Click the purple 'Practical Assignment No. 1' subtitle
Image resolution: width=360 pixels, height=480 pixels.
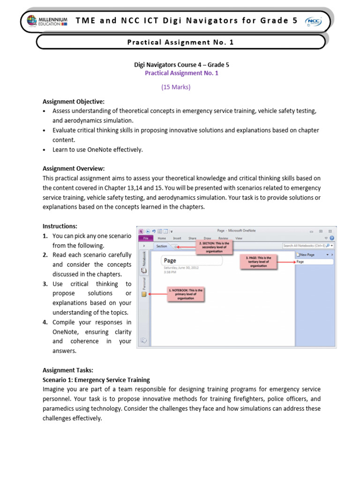tap(181, 73)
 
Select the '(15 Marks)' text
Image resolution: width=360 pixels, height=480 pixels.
tap(176, 87)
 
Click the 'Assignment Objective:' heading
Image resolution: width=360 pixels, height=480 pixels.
tap(74, 101)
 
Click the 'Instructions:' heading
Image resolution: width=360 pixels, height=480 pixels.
tap(60, 226)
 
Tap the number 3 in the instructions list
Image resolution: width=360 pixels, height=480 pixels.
tap(45, 284)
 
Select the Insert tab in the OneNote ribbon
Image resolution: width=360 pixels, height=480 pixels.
tap(177, 238)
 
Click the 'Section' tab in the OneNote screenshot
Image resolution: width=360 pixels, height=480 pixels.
tap(162, 246)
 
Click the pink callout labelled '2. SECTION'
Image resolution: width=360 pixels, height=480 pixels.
tap(215, 247)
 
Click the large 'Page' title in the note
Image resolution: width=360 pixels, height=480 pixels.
tap(170, 261)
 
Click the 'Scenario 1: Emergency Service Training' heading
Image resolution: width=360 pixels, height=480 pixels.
tap(96, 380)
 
